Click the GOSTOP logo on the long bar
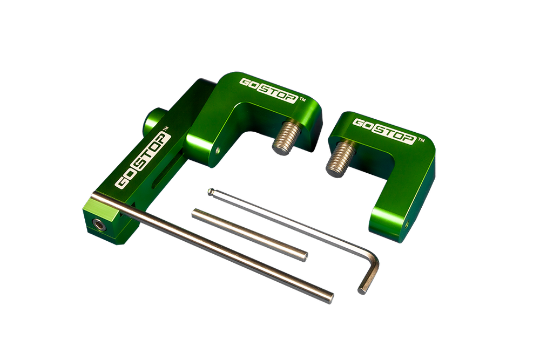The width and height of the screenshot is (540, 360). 143,160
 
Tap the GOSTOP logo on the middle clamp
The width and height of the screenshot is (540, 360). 268,91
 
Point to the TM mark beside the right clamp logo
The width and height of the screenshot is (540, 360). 421,140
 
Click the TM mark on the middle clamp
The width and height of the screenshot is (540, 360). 302,99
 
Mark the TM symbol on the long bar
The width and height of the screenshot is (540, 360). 165,128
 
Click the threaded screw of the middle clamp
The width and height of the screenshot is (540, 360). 287,138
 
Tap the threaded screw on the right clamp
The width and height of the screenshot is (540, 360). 341,159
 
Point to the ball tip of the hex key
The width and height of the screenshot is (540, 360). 211,192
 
